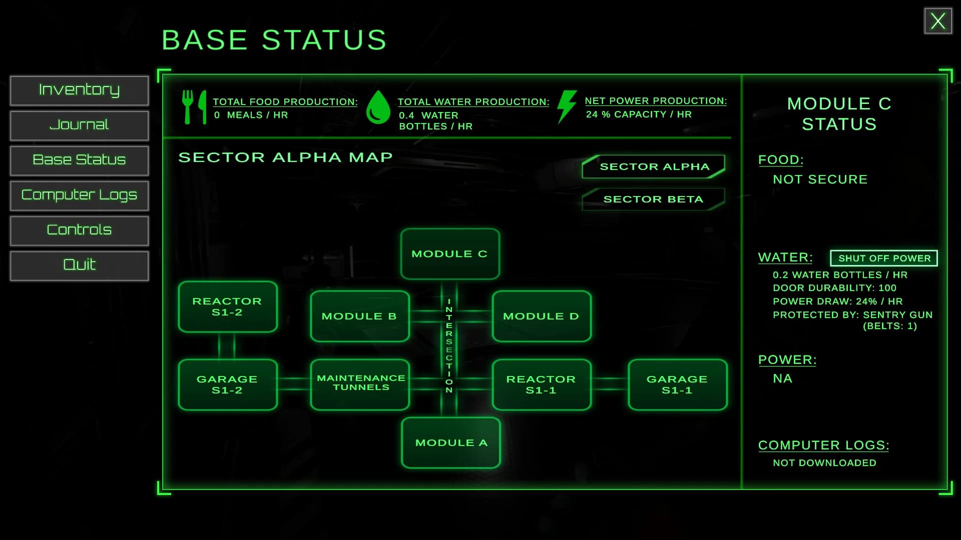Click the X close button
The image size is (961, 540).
pos(938,21)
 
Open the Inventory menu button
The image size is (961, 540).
pos(79,90)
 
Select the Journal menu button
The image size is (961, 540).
pos(79,125)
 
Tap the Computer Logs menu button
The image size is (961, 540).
pos(79,195)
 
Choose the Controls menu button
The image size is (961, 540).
pos(79,230)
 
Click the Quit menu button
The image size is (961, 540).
pos(79,265)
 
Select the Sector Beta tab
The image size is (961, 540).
pos(653,199)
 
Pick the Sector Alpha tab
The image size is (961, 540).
pos(653,166)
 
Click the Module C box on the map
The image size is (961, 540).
pos(450,254)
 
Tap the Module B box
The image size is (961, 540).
pos(360,316)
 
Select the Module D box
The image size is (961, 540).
pos(542,316)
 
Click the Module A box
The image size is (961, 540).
pos(451,442)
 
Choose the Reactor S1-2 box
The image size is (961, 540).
pos(228,306)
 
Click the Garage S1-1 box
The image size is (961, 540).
pos(678,384)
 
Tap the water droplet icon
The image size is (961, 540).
pos(378,107)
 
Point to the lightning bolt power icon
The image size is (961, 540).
pos(567,106)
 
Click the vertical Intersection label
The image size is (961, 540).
pos(449,345)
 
